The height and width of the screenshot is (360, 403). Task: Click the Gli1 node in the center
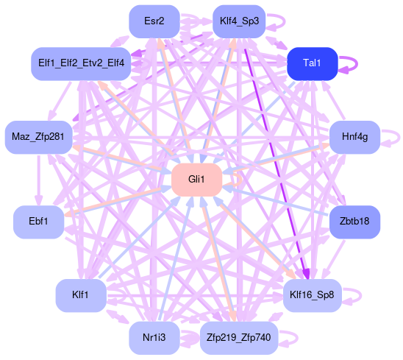pyautogui.click(x=197, y=180)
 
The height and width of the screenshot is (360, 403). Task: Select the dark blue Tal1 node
pyautogui.click(x=313, y=63)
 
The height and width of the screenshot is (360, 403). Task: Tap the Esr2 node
pyautogui.click(x=154, y=21)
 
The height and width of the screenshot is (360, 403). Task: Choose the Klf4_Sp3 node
pyautogui.click(x=239, y=21)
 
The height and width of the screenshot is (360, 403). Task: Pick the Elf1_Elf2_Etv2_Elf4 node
pyautogui.click(x=81, y=63)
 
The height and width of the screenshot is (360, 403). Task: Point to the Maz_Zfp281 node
pyautogui.click(x=38, y=137)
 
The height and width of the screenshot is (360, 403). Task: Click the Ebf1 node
pyautogui.click(x=38, y=222)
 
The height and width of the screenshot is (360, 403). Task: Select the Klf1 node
pyautogui.click(x=81, y=295)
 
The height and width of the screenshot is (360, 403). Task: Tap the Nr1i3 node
pyautogui.click(x=154, y=338)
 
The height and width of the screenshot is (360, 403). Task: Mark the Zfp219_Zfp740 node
pyautogui.click(x=239, y=338)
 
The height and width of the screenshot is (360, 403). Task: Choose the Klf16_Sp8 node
pyautogui.click(x=313, y=295)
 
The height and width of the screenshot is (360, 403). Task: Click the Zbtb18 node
pyautogui.click(x=354, y=222)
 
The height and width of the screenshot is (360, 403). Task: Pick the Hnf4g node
pyautogui.click(x=354, y=137)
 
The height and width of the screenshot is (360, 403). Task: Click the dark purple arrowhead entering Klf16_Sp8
pyautogui.click(x=307, y=275)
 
